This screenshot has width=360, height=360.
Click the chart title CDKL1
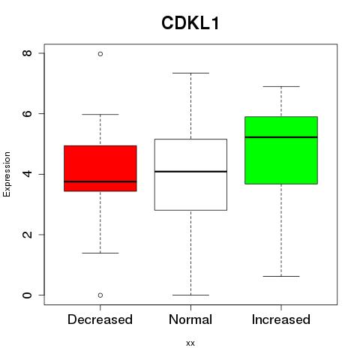(x=190, y=23)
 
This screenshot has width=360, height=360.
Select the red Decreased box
(x=100, y=168)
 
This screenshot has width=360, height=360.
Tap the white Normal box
(x=190, y=175)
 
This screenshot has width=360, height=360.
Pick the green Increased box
(x=281, y=150)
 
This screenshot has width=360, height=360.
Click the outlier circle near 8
(x=100, y=54)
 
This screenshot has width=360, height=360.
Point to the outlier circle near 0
(x=100, y=295)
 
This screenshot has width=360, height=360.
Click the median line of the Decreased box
(x=100, y=181)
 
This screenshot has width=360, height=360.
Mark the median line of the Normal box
(x=190, y=172)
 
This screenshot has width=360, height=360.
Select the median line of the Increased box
(x=281, y=137)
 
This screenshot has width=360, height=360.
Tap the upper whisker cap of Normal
(x=190, y=73)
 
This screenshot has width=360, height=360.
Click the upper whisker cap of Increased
(x=281, y=86)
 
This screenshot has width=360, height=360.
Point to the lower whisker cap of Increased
(x=281, y=276)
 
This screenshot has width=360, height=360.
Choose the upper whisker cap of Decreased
(x=100, y=114)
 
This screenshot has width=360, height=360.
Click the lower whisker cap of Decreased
(x=100, y=253)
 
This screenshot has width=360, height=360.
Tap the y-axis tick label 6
(x=27, y=113)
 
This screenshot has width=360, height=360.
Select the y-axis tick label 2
(x=27, y=235)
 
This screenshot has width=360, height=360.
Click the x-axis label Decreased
(x=100, y=319)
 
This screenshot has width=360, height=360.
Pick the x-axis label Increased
(x=281, y=319)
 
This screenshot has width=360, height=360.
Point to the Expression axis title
(x=7, y=174)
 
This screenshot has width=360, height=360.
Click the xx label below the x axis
(x=190, y=343)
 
